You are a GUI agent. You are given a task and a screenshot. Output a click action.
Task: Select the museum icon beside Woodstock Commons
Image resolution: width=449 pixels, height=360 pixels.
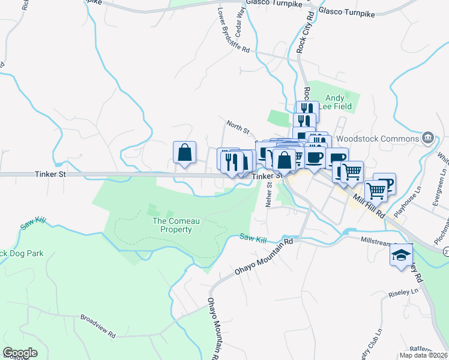click(427, 138)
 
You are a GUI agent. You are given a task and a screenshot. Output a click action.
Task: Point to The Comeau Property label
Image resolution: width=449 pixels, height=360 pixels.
click(172, 225)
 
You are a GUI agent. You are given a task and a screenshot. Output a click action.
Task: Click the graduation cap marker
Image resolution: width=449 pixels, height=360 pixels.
click(401, 256)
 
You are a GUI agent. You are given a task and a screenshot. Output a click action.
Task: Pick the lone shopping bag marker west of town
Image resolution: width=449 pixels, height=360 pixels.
click(185, 152)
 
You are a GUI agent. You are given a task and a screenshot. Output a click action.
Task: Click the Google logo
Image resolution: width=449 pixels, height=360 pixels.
click(20, 353)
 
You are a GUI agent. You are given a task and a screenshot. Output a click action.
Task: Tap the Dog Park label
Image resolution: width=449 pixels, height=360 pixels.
click(23, 254)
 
